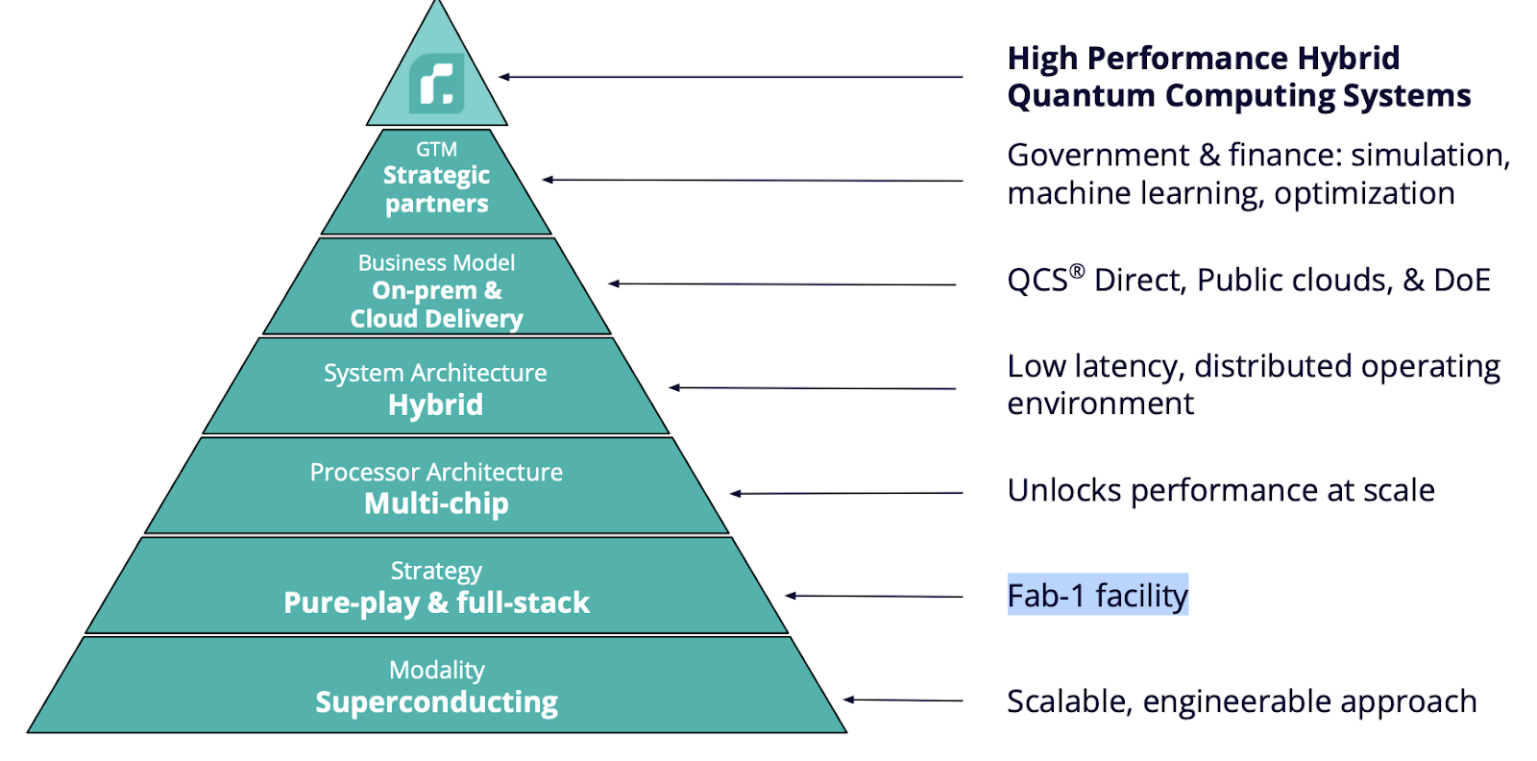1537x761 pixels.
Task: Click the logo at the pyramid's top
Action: (437, 84)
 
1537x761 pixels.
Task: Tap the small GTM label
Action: (436, 149)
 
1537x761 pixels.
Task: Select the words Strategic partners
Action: (436, 189)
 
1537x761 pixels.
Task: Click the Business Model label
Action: (436, 262)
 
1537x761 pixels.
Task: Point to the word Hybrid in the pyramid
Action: (435, 405)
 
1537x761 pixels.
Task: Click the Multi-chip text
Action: (436, 503)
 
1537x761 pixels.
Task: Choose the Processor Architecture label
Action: (436, 472)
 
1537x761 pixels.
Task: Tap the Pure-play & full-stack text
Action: (436, 602)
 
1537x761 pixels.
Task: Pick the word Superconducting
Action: (436, 702)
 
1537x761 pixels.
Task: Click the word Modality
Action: (436, 670)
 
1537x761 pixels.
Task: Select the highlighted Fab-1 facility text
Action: (1097, 596)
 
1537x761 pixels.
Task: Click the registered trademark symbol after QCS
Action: (1078, 271)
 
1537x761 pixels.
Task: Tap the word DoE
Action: (1461, 280)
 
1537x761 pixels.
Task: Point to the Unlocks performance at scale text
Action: (1220, 490)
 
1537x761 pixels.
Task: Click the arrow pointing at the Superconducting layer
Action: (903, 700)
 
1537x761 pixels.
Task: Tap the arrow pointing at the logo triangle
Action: (730, 77)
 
